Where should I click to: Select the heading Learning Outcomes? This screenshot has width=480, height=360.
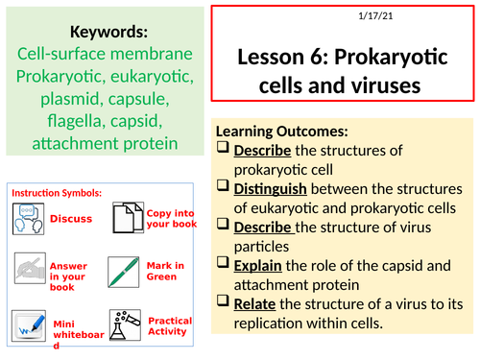coord(282,132)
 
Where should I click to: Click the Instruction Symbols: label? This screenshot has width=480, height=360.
coord(57,193)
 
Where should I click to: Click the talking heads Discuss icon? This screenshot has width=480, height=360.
coord(28,218)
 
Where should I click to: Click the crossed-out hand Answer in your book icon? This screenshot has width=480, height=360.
coord(28,269)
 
